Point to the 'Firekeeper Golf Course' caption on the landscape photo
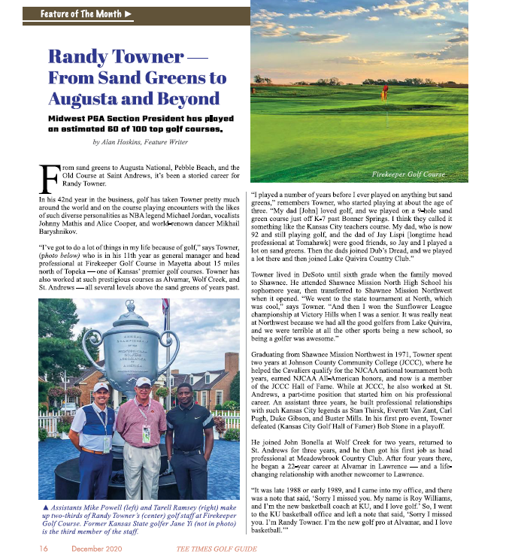[409, 174]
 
